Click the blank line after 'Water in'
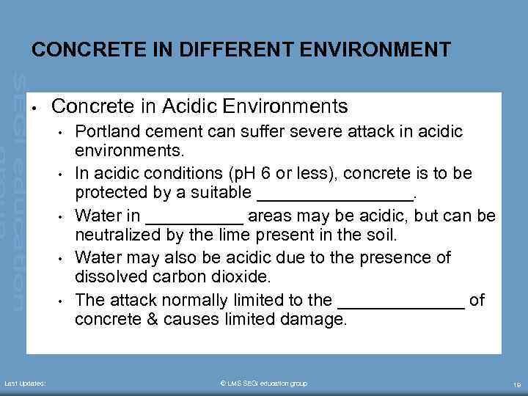point(194,217)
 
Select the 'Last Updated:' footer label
point(26,384)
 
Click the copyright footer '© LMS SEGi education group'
point(264,384)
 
